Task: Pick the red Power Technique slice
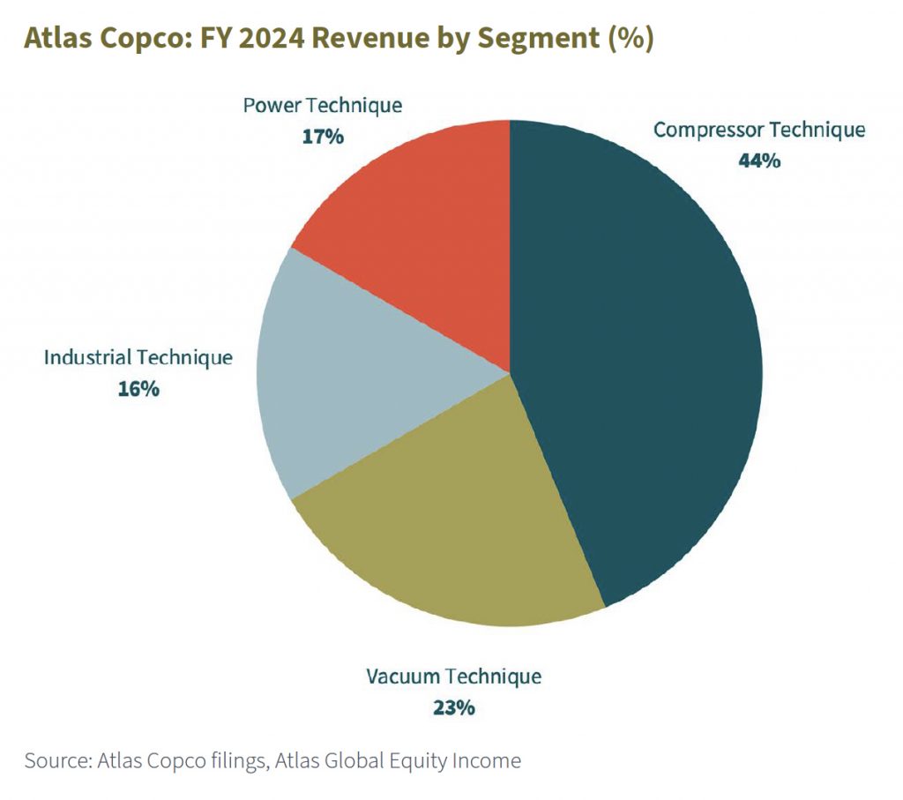pos(423,229)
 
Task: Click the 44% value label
pos(759,161)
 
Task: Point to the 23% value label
pos(454,707)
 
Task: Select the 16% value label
pos(138,388)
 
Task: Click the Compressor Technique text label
pos(759,130)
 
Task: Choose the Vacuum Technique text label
pos(454,677)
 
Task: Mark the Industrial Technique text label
pos(138,357)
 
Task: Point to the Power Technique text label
pos(322,106)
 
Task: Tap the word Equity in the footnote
pos(411,760)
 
